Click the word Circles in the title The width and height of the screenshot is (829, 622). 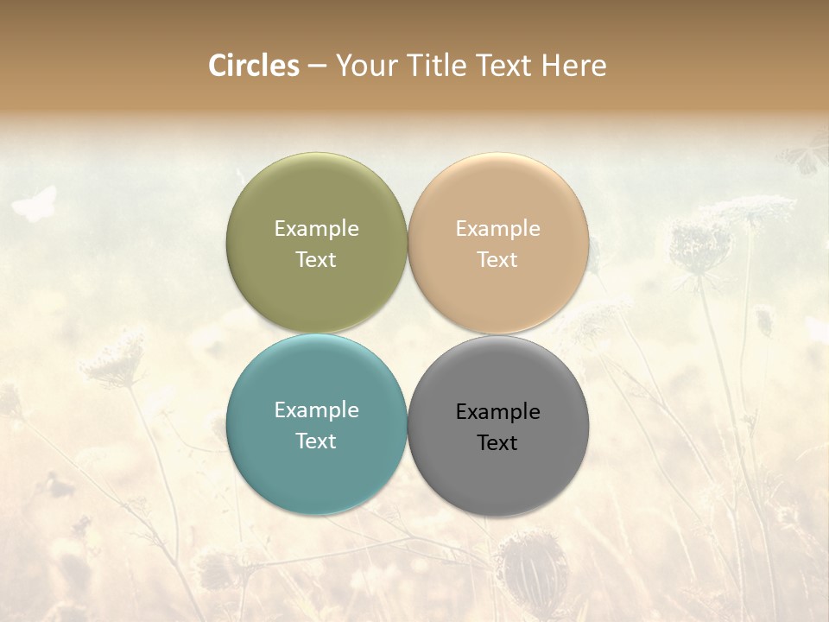point(253,66)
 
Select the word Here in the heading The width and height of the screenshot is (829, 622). point(573,66)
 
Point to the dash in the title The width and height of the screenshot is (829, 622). point(317,67)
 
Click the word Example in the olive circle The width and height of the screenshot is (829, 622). point(316,228)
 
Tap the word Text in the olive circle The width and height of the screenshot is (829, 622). point(316,259)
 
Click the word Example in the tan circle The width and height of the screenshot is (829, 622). point(497,228)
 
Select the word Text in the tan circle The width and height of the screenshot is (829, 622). point(497,259)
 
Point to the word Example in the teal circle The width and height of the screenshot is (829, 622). point(316,409)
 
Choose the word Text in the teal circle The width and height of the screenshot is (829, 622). point(316,441)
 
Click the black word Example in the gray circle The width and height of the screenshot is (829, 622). point(497,411)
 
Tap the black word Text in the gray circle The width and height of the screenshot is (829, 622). point(497,442)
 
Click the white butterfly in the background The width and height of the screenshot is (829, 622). point(35,204)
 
